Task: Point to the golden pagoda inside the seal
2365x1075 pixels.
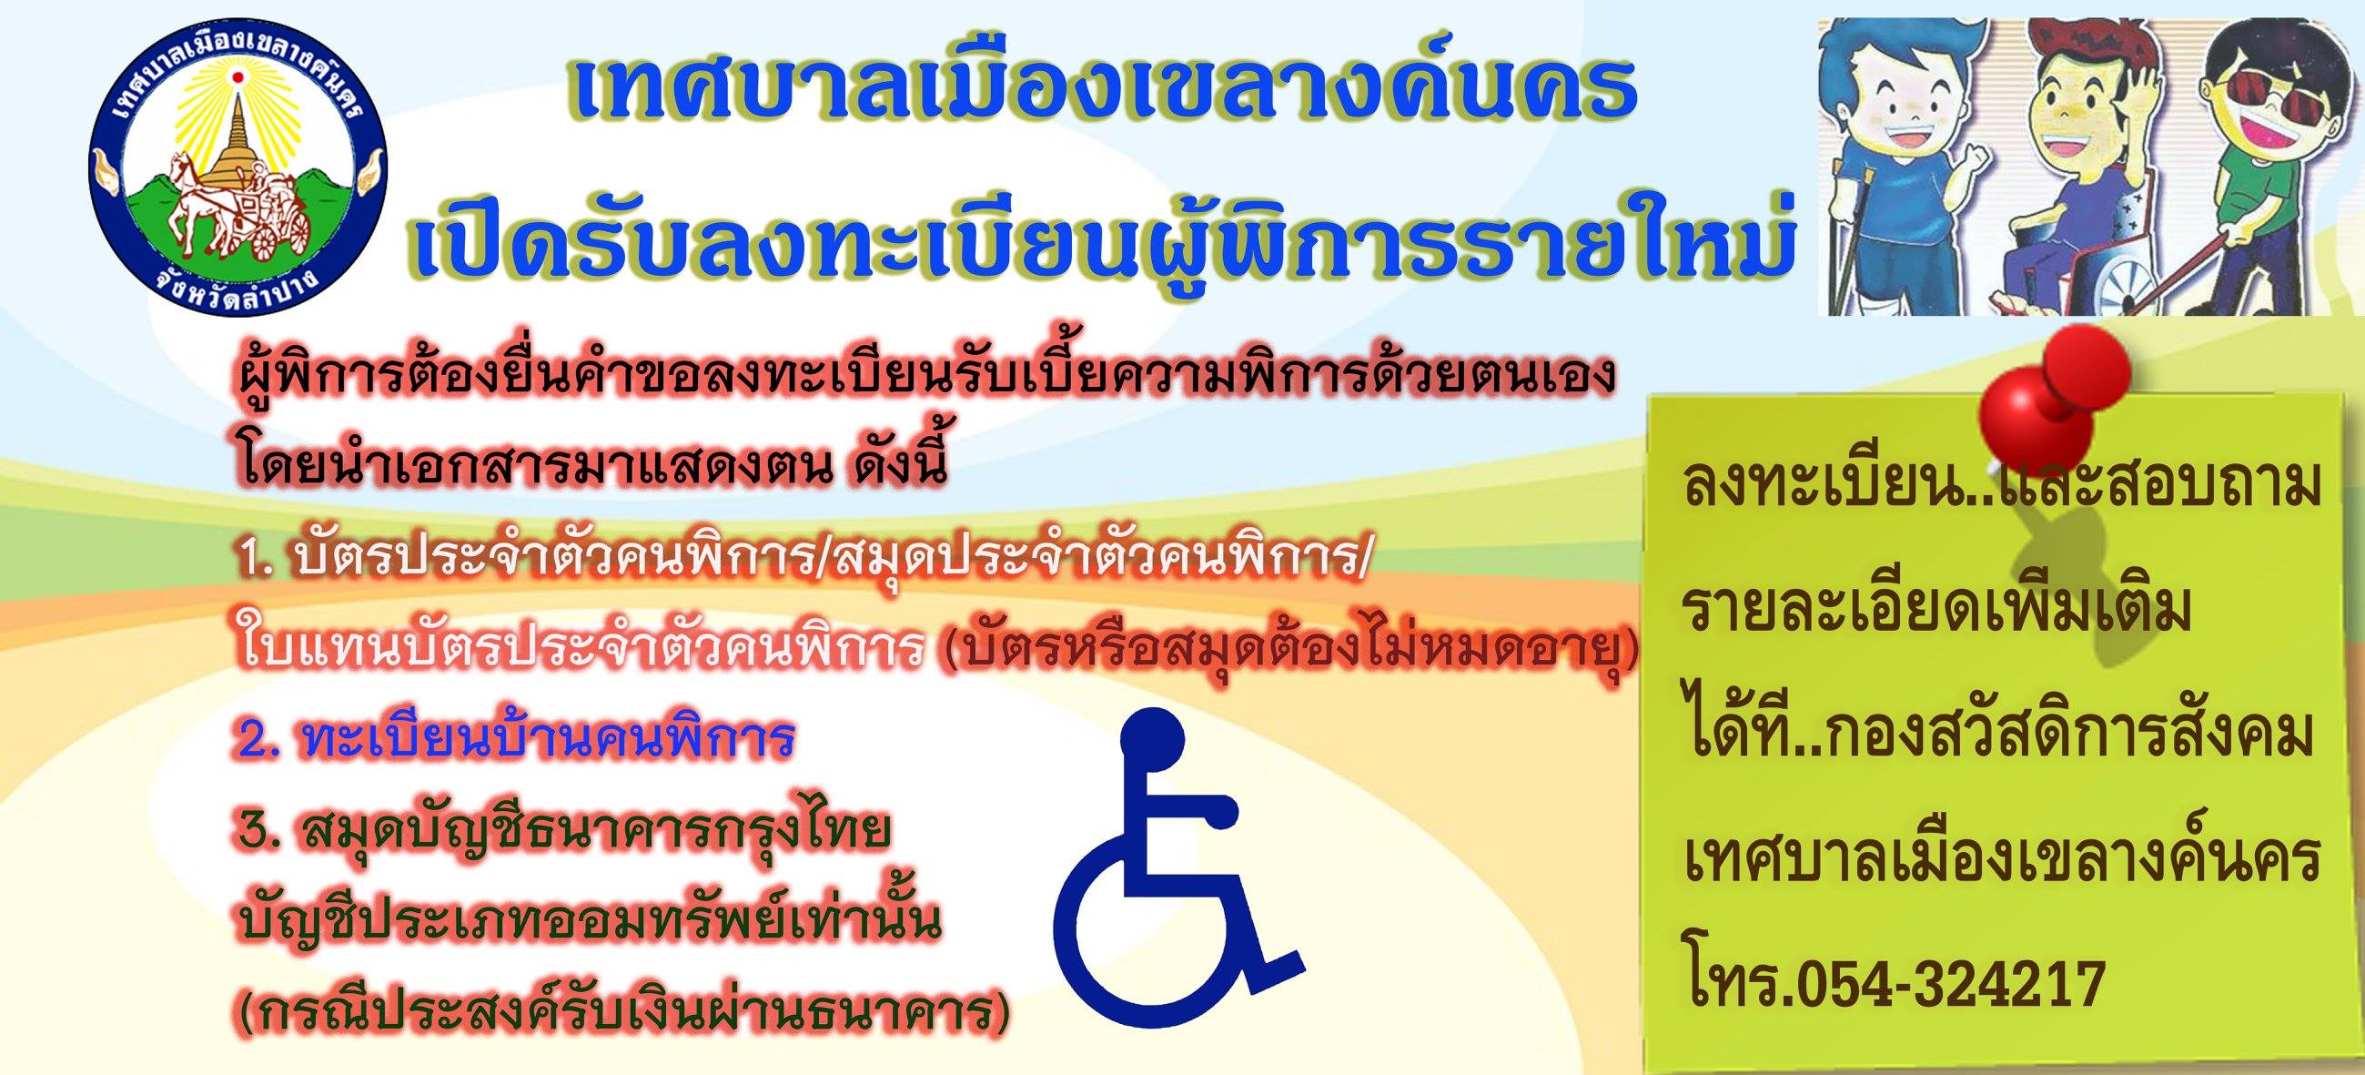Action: pyautogui.click(x=237, y=137)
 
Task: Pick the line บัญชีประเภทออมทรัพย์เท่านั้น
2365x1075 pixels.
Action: pyautogui.click(x=589, y=922)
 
